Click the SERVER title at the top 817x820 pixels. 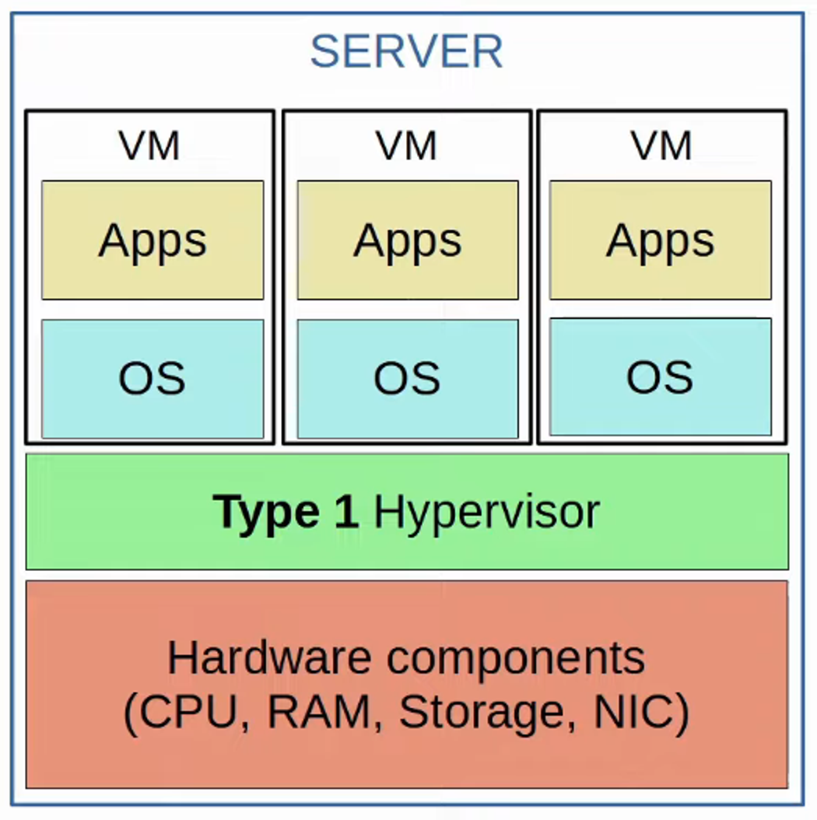pos(406,52)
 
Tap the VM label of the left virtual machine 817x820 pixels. pos(149,145)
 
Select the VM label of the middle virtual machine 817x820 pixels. pos(406,145)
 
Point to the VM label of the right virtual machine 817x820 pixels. pos(661,145)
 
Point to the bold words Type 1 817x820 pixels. pos(286,512)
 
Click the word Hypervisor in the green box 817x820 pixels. pos(487,512)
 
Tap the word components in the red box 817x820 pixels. pos(516,658)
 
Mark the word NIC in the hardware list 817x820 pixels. pos(636,711)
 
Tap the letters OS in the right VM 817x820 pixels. pos(661,377)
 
